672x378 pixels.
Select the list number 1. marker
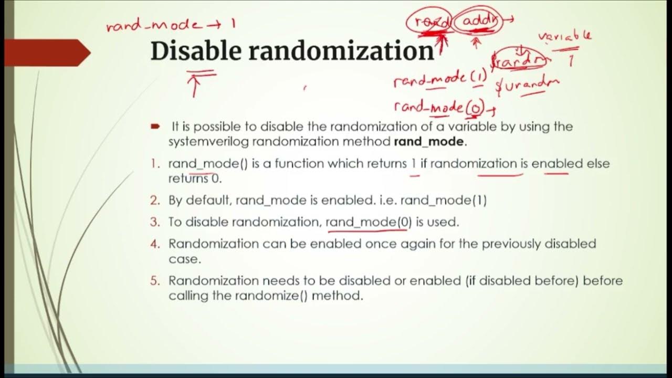click(x=155, y=164)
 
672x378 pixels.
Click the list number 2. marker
click(x=155, y=201)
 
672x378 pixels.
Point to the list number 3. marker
click(x=155, y=222)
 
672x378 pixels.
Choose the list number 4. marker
click(x=155, y=244)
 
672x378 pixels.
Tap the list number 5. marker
click(x=155, y=281)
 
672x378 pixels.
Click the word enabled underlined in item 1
click(x=557, y=164)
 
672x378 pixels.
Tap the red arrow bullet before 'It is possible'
click(x=155, y=127)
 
